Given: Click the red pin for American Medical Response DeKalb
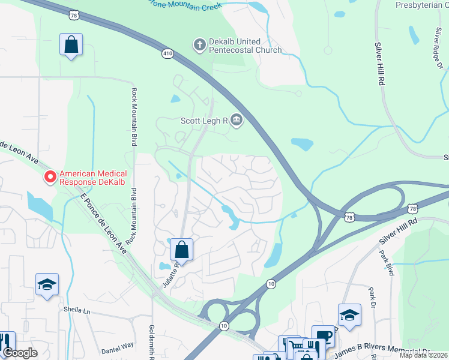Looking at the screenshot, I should [x=50, y=176].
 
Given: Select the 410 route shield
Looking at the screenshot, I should [x=168, y=54].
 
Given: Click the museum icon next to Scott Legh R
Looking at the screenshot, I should [x=237, y=121].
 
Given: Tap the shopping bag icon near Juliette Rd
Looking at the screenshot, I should [x=181, y=249].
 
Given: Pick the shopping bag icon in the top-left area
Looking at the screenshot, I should [x=71, y=44].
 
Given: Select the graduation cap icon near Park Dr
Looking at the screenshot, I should [x=349, y=314].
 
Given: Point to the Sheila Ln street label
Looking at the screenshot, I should [x=76, y=310].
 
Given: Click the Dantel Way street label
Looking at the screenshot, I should [x=118, y=345].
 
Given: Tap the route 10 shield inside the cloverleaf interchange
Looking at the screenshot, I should [x=223, y=325].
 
